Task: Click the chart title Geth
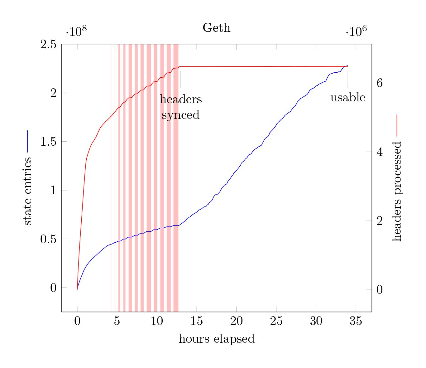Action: pyautogui.click(x=217, y=28)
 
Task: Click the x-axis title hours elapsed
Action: pyautogui.click(x=217, y=339)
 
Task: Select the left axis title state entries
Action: pyautogui.click(x=27, y=191)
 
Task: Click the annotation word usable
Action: pyautogui.click(x=348, y=98)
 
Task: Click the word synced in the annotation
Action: pyautogui.click(x=180, y=115)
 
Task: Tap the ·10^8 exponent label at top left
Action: pyautogui.click(x=76, y=31)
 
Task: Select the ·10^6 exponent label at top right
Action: pyautogui.click(x=356, y=31)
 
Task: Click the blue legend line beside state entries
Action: pyautogui.click(x=27, y=141)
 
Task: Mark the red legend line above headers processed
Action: pyautogui.click(x=397, y=125)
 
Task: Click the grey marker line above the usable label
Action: pyautogui.click(x=348, y=79)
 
